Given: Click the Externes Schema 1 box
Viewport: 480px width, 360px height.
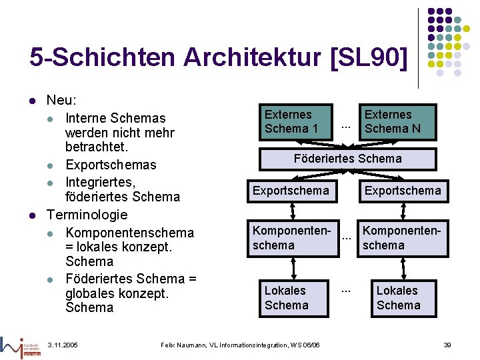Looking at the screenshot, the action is click(x=291, y=121).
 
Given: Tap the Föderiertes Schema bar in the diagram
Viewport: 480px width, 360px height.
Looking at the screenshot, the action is click(x=347, y=158).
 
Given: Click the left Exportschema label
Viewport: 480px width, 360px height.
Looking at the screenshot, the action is click(x=291, y=191).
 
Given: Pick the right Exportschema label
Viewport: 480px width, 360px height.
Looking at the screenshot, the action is click(x=403, y=191).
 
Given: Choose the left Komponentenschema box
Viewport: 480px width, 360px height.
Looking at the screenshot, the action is click(x=291, y=238).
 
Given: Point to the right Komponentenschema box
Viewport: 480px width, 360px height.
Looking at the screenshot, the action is click(x=403, y=238).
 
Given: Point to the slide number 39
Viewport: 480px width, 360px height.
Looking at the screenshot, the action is click(x=447, y=345).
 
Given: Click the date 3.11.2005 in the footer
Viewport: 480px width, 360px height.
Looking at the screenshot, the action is click(x=63, y=345).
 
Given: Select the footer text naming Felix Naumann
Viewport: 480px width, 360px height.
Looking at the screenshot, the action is click(x=240, y=345).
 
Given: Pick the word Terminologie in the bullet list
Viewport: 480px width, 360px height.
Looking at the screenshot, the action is click(x=87, y=215).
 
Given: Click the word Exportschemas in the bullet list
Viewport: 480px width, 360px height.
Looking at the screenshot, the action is click(x=111, y=165).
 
